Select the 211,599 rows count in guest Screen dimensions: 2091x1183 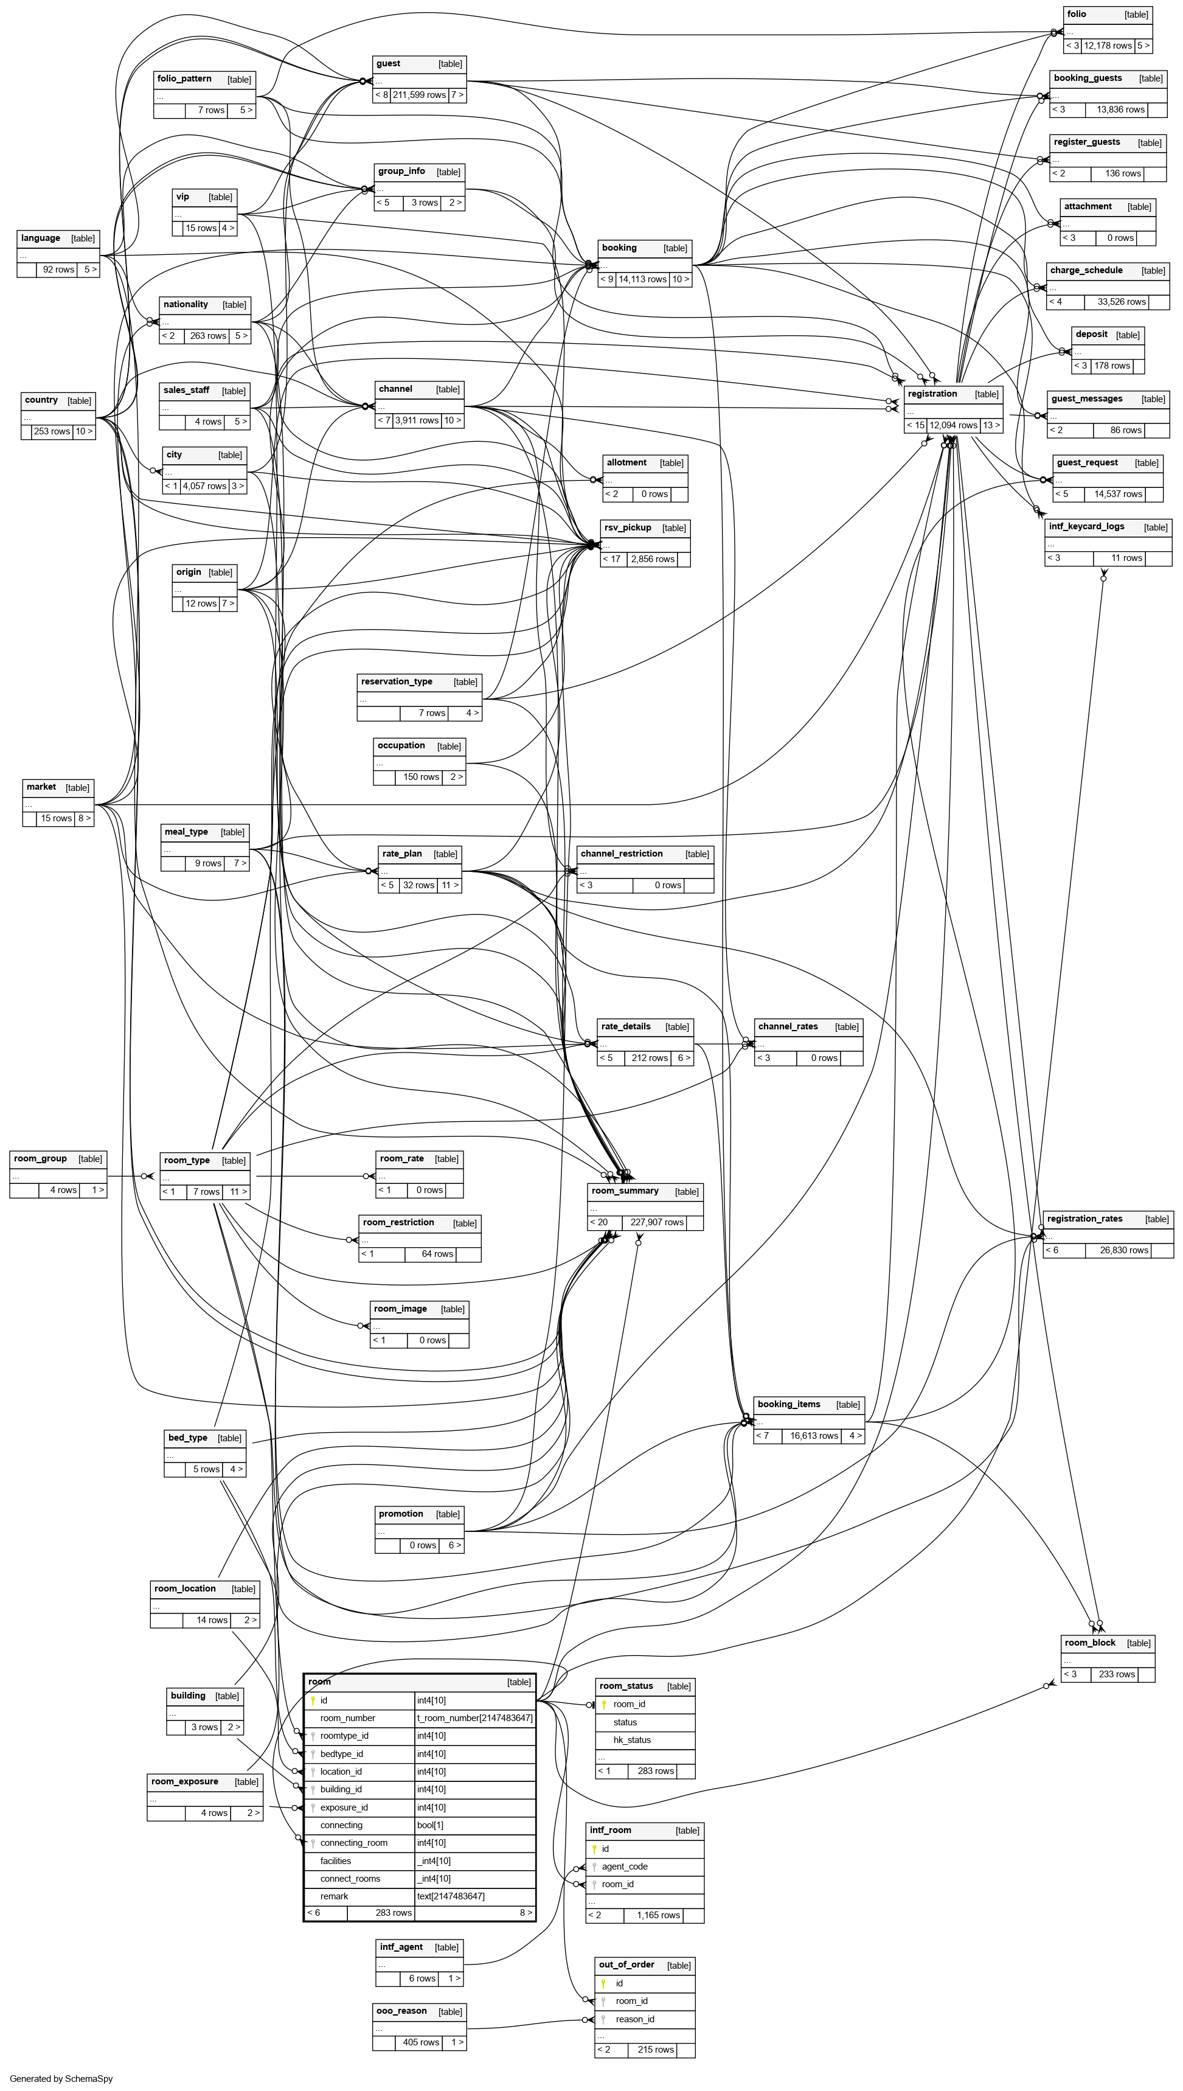pyautogui.click(x=418, y=95)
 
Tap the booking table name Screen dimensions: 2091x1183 pyautogui.click(x=619, y=248)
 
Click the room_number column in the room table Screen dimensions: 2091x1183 pyautogui.click(x=348, y=1718)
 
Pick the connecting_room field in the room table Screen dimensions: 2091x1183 pyautogui.click(x=353, y=1842)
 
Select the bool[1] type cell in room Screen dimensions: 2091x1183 pyautogui.click(x=430, y=1825)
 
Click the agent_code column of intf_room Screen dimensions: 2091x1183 pyautogui.click(x=624, y=1867)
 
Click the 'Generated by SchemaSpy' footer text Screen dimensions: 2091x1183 pyautogui.click(x=61, y=2078)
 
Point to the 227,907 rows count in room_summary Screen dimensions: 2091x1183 pyautogui.click(x=656, y=1222)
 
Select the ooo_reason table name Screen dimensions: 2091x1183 pyautogui.click(x=401, y=2011)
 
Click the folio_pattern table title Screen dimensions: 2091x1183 pyautogui.click(x=184, y=79)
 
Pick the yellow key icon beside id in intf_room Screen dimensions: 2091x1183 pyautogui.click(x=594, y=1849)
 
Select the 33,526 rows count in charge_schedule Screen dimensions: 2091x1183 pyautogui.click(x=1121, y=302)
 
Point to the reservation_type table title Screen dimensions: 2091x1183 pyautogui.click(x=397, y=682)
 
